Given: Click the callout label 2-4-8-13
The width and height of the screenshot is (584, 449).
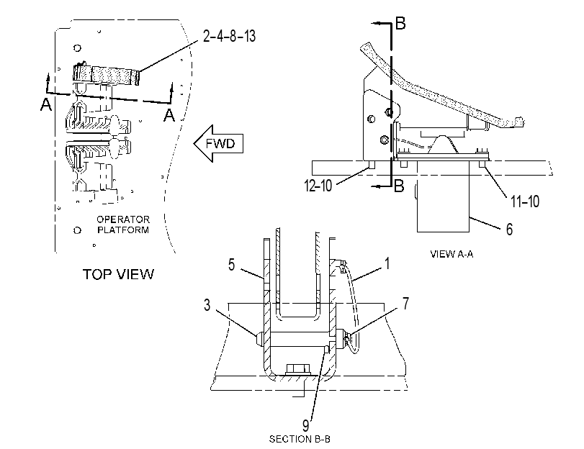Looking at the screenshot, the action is click(230, 37).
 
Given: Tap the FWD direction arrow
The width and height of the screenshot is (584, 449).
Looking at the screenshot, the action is click(218, 143).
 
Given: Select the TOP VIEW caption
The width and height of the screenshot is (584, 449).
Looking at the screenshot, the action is click(118, 274).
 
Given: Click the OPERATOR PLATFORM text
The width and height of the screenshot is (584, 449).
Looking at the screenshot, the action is click(123, 224).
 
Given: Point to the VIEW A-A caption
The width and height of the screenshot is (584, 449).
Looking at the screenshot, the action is click(452, 254).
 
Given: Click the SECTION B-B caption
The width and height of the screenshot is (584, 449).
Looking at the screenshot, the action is click(300, 440).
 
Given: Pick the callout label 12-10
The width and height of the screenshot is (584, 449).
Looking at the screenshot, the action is click(318, 185).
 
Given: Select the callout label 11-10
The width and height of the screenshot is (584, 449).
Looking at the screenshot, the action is click(525, 201).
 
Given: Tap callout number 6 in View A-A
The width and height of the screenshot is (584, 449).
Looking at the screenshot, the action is click(510, 229).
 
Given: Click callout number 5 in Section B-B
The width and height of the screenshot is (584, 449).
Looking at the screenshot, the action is click(232, 265).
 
